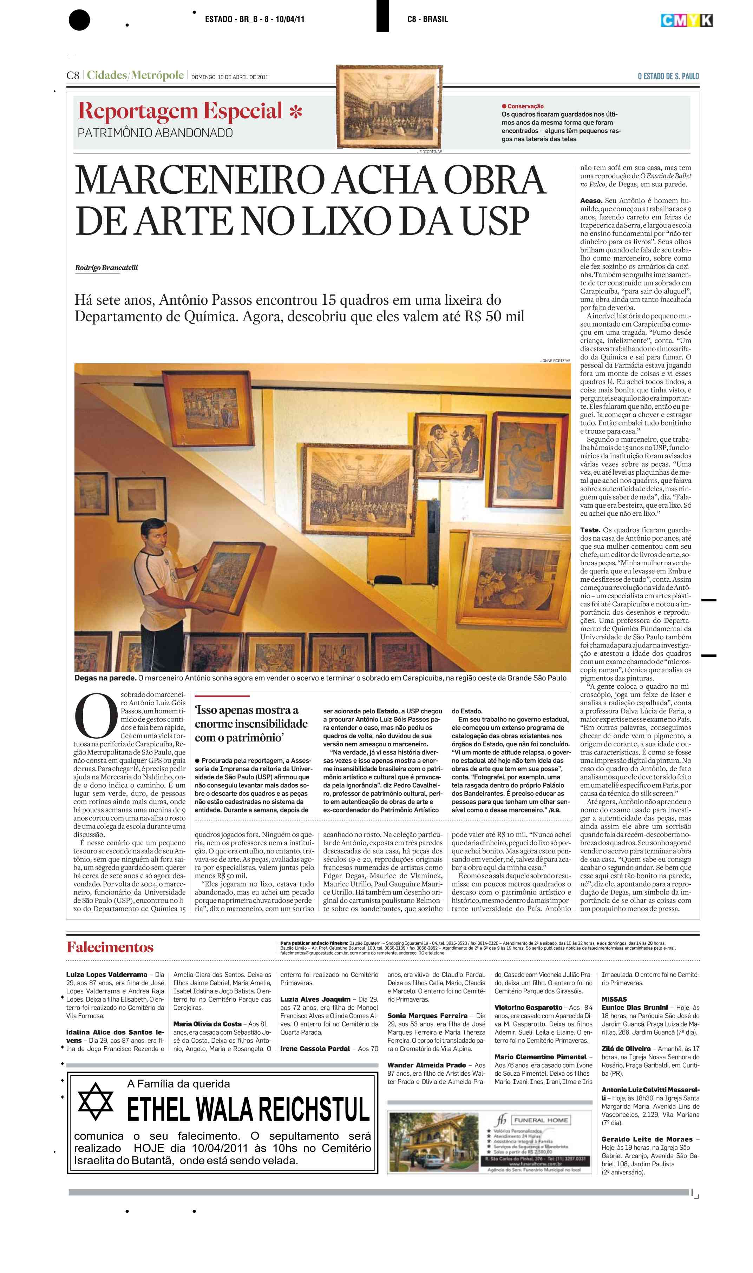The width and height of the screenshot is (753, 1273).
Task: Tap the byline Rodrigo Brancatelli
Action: click(106, 268)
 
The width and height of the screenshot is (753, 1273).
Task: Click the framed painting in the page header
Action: click(389, 106)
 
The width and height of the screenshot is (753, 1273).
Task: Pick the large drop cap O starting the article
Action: click(96, 716)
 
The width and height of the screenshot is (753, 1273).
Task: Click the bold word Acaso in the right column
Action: click(591, 201)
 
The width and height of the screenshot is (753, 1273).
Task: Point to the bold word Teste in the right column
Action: click(590, 530)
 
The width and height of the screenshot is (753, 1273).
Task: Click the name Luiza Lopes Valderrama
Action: click(106, 975)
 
